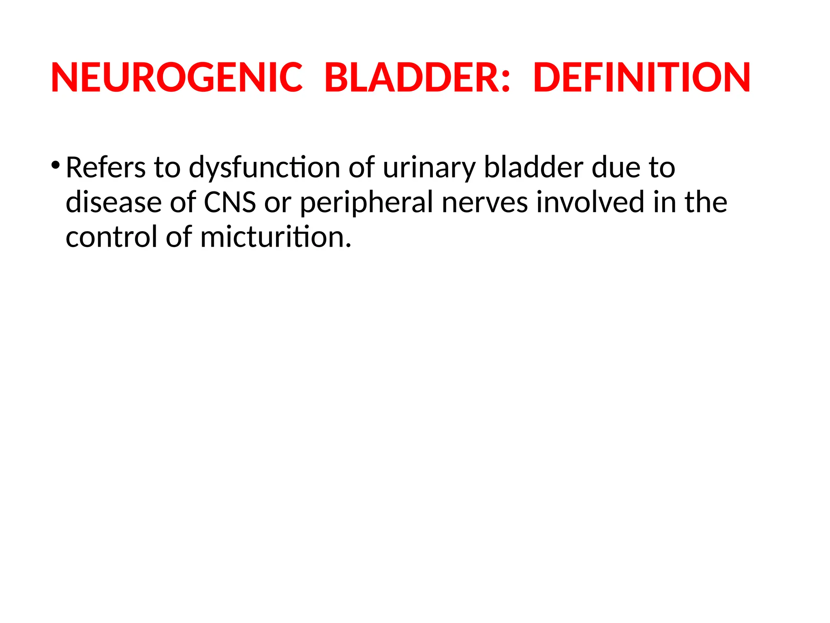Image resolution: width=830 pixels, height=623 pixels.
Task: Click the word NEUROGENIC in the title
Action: tap(177, 77)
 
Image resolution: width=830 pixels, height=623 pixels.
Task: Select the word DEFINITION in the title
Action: tap(642, 77)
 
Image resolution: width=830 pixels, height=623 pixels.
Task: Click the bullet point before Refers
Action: tap(56, 165)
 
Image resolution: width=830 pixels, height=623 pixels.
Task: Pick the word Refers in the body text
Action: tap(105, 167)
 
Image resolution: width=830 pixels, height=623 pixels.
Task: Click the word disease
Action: tap(113, 202)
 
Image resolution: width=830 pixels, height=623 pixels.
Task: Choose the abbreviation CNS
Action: tap(230, 202)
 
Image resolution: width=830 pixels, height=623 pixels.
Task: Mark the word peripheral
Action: tap(367, 203)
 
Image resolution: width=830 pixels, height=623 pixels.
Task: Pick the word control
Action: tap(111, 237)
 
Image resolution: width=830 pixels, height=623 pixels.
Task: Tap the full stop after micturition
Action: tap(348, 245)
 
